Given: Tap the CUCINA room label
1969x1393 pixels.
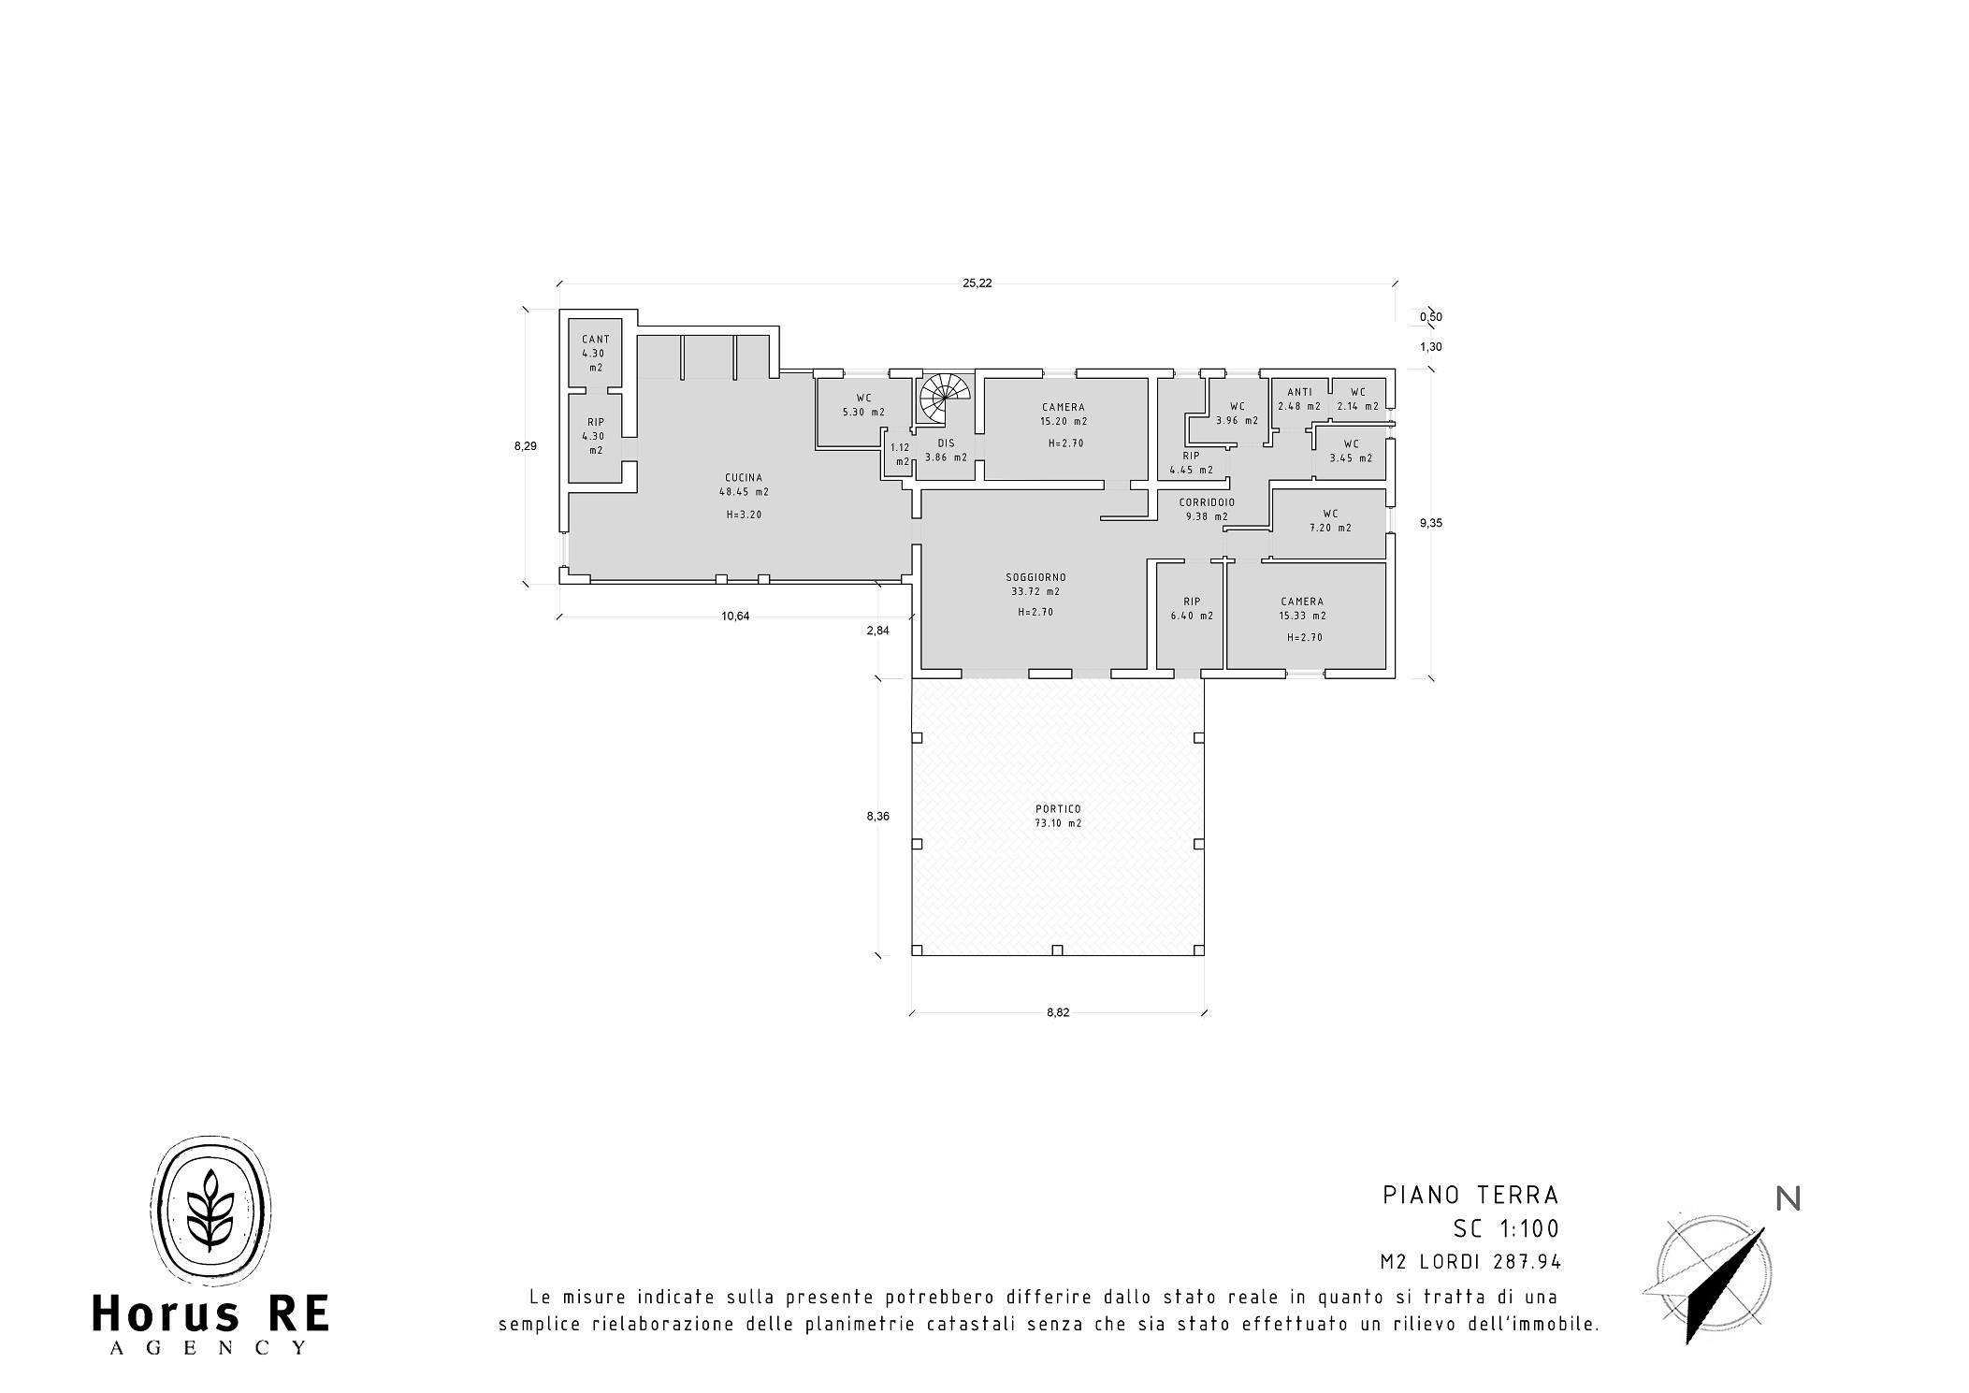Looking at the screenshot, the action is click(x=744, y=477).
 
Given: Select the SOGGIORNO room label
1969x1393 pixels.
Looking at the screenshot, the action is click(x=1035, y=577).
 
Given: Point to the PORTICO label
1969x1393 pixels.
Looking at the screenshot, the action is click(x=1058, y=809).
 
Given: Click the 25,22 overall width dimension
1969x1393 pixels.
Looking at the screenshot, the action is click(x=977, y=283).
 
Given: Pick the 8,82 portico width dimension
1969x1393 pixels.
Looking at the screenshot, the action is click(x=1058, y=1012).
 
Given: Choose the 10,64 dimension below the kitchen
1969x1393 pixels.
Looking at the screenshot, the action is click(x=736, y=616).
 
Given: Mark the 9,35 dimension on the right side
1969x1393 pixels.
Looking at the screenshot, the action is click(x=1431, y=523).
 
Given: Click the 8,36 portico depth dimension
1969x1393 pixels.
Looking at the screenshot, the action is click(x=877, y=816).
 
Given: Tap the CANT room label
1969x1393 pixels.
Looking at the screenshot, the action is click(x=596, y=340).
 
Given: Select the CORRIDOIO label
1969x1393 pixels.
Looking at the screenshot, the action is click(x=1207, y=502).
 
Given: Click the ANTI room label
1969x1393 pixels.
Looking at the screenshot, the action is click(x=1299, y=392).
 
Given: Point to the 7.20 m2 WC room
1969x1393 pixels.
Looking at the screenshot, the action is click(x=1330, y=520).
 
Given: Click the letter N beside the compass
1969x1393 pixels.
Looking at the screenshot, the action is click(x=1788, y=1199).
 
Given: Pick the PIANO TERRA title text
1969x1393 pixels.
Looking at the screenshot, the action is click(x=1471, y=1195).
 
